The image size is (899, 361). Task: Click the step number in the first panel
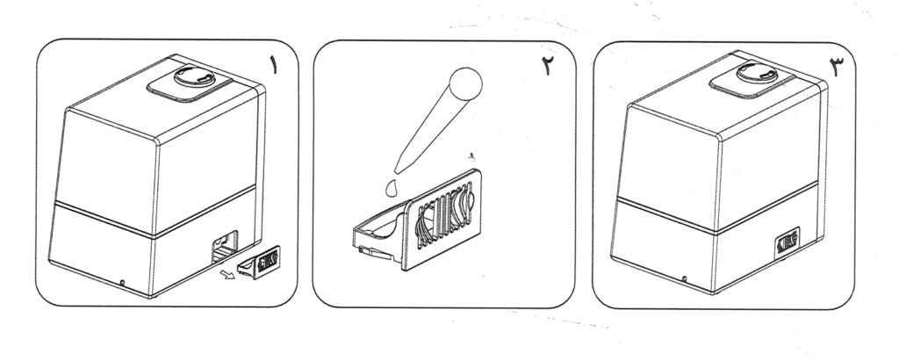tap(274, 66)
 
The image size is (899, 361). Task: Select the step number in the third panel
tap(837, 68)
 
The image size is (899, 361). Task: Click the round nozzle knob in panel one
tap(194, 76)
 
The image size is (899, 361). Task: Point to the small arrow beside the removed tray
tap(228, 275)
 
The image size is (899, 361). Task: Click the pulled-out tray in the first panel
tap(259, 262)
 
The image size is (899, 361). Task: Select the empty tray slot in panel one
tap(224, 247)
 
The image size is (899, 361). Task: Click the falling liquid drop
tap(392, 188)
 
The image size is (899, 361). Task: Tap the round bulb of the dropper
tap(465, 83)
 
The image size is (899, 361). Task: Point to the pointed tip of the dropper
tap(397, 171)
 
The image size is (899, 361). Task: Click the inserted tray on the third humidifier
tap(788, 243)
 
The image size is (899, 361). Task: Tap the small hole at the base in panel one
tap(122, 282)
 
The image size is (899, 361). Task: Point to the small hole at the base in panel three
tap(685, 279)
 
